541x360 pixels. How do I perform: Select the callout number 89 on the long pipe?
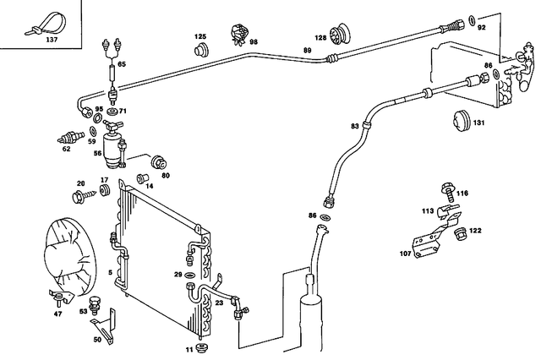[x=307, y=52]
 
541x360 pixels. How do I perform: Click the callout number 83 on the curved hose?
[x=355, y=126]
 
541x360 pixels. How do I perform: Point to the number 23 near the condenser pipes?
[x=219, y=303]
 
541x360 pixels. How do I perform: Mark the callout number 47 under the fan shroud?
[x=58, y=314]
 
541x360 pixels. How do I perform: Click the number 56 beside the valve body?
[x=97, y=155]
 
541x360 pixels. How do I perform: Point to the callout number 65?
[x=122, y=63]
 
